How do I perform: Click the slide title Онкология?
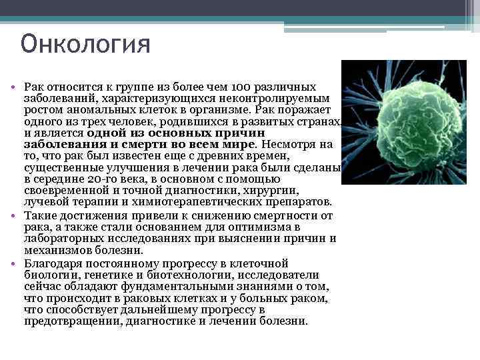(x=85, y=45)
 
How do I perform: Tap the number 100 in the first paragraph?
(x=241, y=87)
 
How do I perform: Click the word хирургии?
(x=288, y=191)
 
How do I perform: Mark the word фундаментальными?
(x=165, y=287)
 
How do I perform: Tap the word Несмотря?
(x=287, y=144)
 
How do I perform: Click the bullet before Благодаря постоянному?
(x=13, y=263)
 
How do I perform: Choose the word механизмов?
(x=56, y=250)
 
